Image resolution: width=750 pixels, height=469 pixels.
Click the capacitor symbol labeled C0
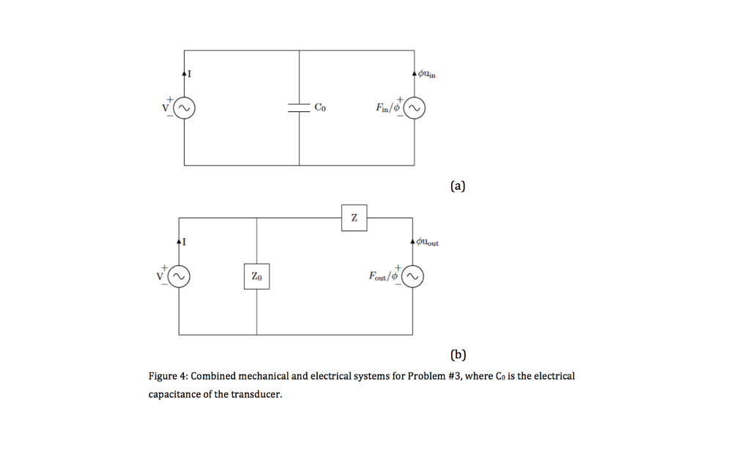pos(299,108)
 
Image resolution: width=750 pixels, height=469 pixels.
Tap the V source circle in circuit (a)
pos(184,108)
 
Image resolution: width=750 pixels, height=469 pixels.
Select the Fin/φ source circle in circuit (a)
pos(415,108)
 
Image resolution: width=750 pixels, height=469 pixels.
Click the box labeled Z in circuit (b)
pos(354,218)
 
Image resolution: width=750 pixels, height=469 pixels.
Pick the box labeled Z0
pos(256,276)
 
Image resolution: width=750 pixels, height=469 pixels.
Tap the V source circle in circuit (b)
pos(179,276)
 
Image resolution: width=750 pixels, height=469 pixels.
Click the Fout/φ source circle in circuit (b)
pos(412,276)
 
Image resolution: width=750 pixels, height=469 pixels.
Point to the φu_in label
pos(427,73)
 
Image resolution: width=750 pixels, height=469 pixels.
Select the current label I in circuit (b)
pos(185,241)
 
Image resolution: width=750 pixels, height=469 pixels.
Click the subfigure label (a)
pos(458,186)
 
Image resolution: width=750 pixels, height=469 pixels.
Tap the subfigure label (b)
pos(458,355)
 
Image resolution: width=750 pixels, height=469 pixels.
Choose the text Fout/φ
pos(383,276)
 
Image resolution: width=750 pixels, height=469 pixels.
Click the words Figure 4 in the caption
pos(168,376)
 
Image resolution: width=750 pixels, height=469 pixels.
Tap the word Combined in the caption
pos(215,376)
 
